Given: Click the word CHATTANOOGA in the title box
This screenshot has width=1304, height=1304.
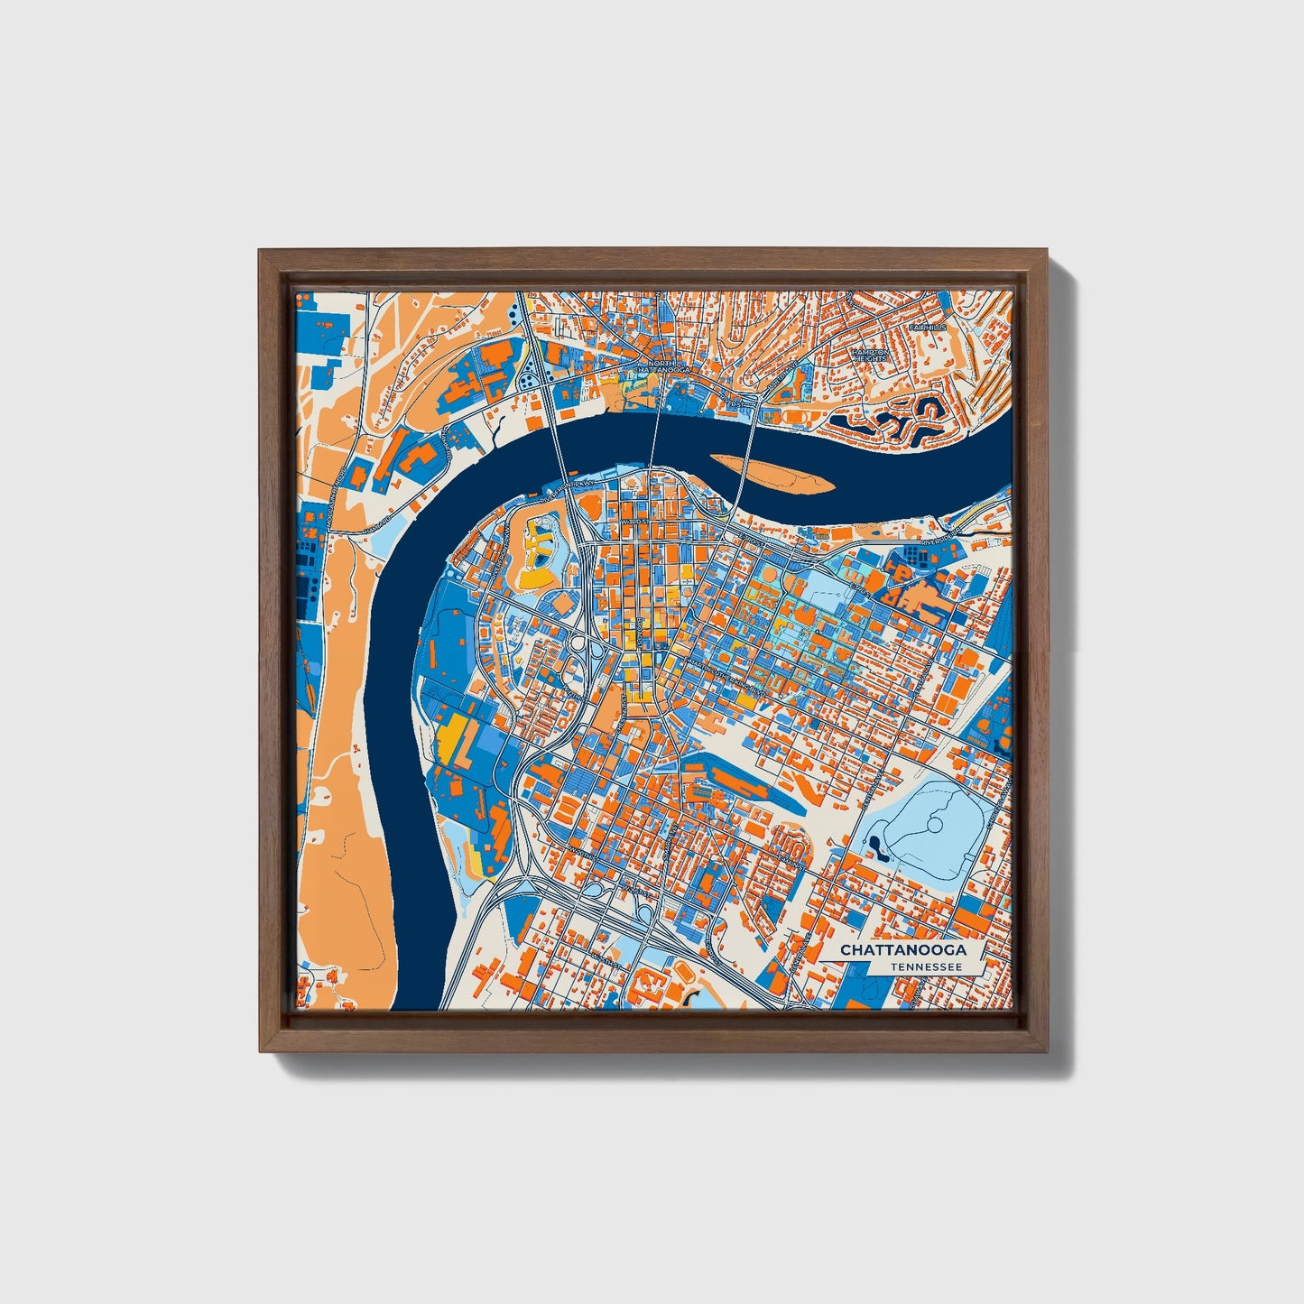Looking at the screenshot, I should click(x=902, y=950).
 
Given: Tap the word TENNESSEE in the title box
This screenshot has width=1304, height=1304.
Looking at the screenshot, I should click(x=924, y=966).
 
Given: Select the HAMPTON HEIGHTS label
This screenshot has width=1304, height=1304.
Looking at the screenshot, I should click(x=871, y=356).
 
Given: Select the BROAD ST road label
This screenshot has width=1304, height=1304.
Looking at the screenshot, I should click(x=637, y=632).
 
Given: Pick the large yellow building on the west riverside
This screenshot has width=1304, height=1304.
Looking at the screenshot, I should click(x=451, y=736).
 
